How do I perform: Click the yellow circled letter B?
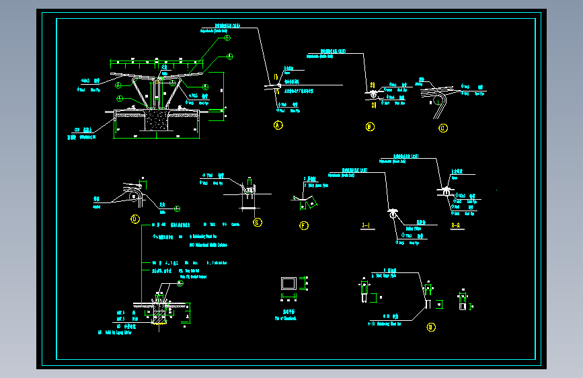(369, 126)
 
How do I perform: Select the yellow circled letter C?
(442, 127)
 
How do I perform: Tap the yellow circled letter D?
(134, 219)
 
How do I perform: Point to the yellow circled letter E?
(257, 223)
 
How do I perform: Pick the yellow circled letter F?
(304, 225)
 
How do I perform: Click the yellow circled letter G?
(431, 328)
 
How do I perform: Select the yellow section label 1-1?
(367, 225)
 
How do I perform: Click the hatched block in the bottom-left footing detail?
(161, 314)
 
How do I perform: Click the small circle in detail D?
(134, 196)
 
